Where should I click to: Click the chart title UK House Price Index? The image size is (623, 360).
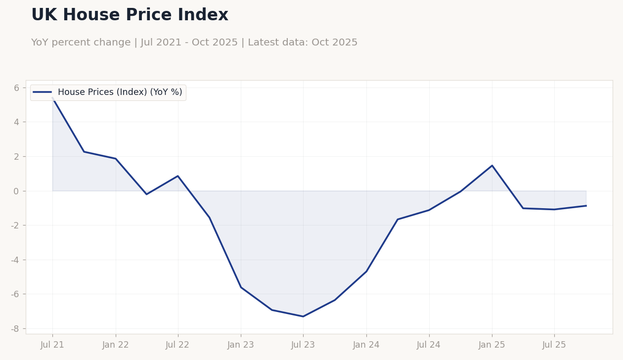130,15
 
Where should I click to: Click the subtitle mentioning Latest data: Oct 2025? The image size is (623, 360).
194,43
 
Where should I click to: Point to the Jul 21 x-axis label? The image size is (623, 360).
52,345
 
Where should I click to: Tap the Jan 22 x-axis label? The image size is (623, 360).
116,345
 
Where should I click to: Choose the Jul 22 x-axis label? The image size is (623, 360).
178,345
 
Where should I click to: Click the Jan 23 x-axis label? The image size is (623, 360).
241,345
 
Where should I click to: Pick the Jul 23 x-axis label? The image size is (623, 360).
303,345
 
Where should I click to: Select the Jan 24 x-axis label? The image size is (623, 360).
366,345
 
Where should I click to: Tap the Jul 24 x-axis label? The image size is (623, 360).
429,345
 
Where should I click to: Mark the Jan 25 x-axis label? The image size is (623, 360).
492,345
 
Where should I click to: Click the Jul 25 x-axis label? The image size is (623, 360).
554,345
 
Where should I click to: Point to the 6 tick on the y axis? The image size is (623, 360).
16,88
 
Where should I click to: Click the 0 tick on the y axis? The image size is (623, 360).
16,191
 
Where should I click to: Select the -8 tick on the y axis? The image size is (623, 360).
15,329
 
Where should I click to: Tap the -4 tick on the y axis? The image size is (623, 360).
15,260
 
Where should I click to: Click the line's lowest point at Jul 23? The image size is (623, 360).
303,316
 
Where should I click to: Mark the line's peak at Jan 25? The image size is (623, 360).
492,166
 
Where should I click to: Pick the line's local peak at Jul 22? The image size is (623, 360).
178,176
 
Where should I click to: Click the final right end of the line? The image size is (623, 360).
586,206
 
